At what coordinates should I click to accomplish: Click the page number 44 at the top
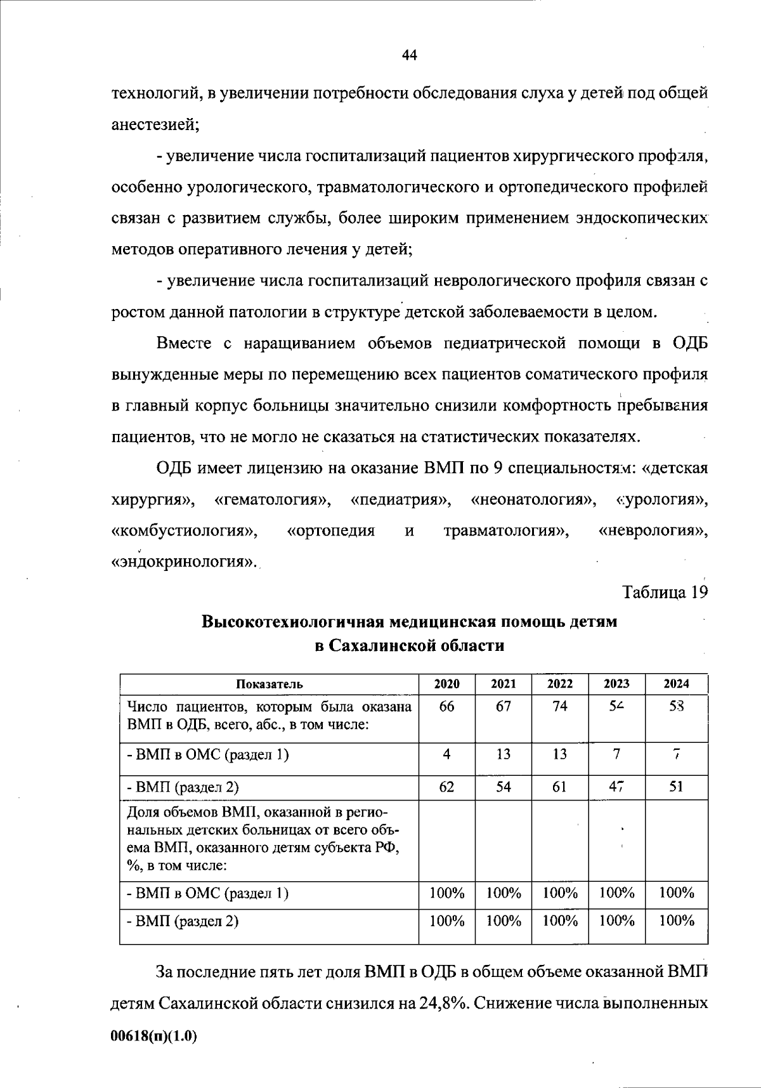click(409, 55)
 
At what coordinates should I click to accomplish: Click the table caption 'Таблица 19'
click(665, 593)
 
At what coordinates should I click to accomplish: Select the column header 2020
click(446, 684)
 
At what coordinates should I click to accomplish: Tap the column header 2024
click(676, 684)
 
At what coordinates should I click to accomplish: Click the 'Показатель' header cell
click(270, 684)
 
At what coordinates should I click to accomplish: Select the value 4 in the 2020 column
click(446, 754)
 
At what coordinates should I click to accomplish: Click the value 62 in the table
click(446, 787)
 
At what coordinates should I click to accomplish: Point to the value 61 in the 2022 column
click(560, 787)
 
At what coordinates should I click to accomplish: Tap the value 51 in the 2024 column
click(676, 787)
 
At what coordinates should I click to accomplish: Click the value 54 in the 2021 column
click(504, 787)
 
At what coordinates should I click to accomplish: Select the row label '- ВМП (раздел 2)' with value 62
click(183, 787)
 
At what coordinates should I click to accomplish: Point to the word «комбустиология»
click(185, 530)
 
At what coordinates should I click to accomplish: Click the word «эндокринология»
click(184, 561)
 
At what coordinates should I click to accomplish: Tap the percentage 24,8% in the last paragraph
click(441, 1004)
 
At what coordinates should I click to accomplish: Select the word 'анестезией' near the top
click(155, 125)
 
